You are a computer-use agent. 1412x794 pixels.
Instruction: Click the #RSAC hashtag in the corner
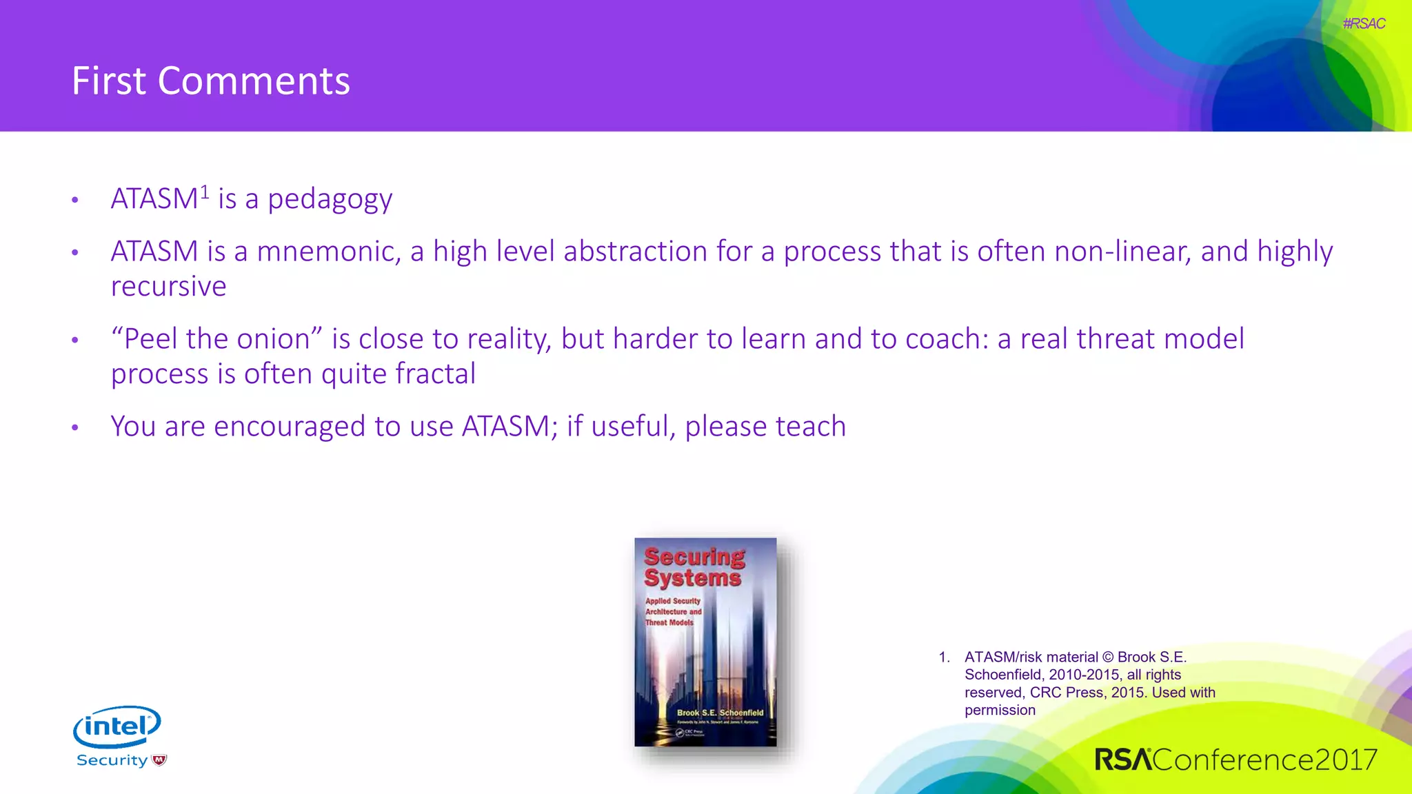coord(1363,23)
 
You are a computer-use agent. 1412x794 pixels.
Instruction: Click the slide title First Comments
coord(211,81)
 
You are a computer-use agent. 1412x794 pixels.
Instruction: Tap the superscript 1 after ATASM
coord(205,192)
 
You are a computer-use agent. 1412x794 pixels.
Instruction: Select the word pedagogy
coord(330,200)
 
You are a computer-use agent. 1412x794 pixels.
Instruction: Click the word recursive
coord(168,287)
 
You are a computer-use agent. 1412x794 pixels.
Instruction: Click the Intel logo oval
coord(117,726)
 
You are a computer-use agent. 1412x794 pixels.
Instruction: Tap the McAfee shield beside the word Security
coord(160,760)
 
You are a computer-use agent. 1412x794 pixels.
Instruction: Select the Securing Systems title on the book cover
coord(694,567)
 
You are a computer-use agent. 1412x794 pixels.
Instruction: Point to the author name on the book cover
coord(720,713)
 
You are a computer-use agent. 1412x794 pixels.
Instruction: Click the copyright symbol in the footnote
coord(1107,658)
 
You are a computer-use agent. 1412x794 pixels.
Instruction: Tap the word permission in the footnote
coord(1000,711)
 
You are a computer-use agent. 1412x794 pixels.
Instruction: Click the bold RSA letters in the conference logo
coord(1122,760)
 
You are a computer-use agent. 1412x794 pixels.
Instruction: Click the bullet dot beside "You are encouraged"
coord(75,428)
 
